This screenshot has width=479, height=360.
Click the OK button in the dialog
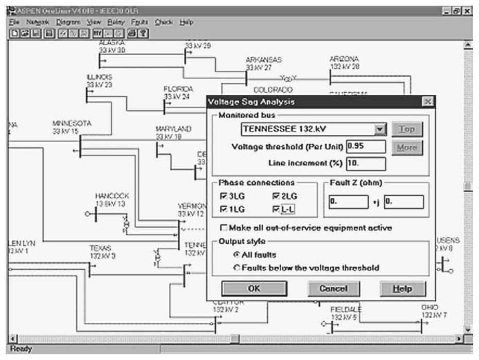tap(253, 289)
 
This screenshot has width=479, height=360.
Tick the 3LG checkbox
tap(223, 196)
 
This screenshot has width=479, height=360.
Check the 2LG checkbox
tap(275, 196)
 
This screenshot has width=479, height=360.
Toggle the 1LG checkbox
tap(223, 209)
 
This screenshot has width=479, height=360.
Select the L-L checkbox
tap(275, 209)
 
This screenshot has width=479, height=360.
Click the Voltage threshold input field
tap(366, 146)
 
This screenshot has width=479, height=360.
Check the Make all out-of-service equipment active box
tap(224, 228)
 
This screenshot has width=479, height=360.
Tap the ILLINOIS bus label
tap(99, 77)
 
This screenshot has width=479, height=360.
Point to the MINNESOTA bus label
tap(71, 124)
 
